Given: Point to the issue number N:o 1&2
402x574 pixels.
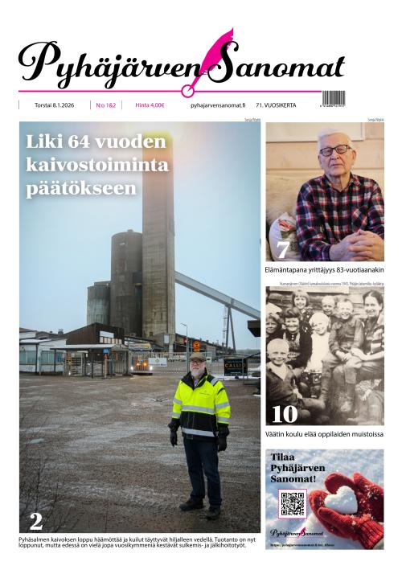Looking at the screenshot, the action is [x=105, y=105].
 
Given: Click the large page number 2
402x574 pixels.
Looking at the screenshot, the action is [x=35, y=519].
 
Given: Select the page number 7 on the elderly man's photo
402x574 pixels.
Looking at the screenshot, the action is [x=283, y=248].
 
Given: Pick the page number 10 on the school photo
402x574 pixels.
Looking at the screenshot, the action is [x=284, y=414].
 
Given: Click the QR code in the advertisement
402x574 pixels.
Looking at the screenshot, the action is [x=292, y=503].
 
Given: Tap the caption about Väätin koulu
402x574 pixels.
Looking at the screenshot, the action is [x=324, y=435].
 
